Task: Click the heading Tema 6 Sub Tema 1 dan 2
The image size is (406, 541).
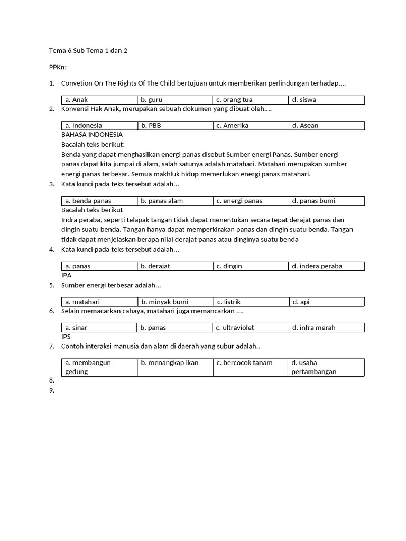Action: pyautogui.click(x=88, y=51)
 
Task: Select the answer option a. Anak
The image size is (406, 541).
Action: pyautogui.click(x=77, y=100)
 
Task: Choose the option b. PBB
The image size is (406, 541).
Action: pyautogui.click(x=151, y=126)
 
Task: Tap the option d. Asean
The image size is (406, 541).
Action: pyautogui.click(x=305, y=126)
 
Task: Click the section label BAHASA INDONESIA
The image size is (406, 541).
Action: pyautogui.click(x=92, y=135)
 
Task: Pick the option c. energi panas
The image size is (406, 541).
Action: pyautogui.click(x=239, y=201)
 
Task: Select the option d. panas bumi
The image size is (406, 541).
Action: pyautogui.click(x=313, y=201)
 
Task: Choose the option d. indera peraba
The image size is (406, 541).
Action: pyautogui.click(x=317, y=266)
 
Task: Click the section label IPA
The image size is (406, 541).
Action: pyautogui.click(x=67, y=275)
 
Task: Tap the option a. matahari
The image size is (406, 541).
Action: pyautogui.click(x=82, y=302)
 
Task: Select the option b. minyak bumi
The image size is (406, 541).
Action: pyautogui.click(x=164, y=302)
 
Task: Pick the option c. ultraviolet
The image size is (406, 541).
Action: pyautogui.click(x=235, y=328)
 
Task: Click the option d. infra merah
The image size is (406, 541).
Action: pyautogui.click(x=313, y=328)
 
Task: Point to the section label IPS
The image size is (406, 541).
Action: pyautogui.click(x=66, y=337)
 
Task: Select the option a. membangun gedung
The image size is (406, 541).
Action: pyautogui.click(x=88, y=367)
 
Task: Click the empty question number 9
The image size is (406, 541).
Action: pyautogui.click(x=51, y=391)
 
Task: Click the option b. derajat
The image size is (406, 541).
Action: pyautogui.click(x=155, y=266)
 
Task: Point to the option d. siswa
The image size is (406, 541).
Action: pyautogui.click(x=304, y=100)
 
